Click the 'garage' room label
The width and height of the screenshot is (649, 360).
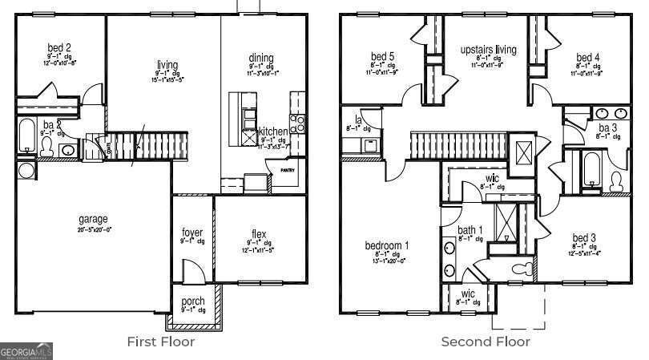click(x=93, y=219)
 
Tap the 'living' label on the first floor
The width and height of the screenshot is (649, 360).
click(x=167, y=65)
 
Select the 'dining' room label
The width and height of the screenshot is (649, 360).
click(x=261, y=58)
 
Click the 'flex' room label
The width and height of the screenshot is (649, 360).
click(x=258, y=234)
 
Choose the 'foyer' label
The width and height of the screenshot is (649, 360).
click(x=192, y=233)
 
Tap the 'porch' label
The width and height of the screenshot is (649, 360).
click(x=192, y=301)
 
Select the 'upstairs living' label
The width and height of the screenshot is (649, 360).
click(x=488, y=50)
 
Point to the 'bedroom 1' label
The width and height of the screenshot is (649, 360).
click(x=387, y=245)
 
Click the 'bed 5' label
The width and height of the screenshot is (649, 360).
click(x=382, y=57)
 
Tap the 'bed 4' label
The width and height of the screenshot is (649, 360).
click(x=587, y=58)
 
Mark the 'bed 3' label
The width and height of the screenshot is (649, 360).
click(x=583, y=238)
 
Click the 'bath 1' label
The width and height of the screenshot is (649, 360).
click(x=470, y=231)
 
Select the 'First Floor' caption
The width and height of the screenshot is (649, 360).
click(x=161, y=342)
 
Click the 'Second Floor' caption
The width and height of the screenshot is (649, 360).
click(x=486, y=342)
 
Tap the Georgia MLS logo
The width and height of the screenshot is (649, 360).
click(x=26, y=351)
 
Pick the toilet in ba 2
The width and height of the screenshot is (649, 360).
click(x=46, y=147)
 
